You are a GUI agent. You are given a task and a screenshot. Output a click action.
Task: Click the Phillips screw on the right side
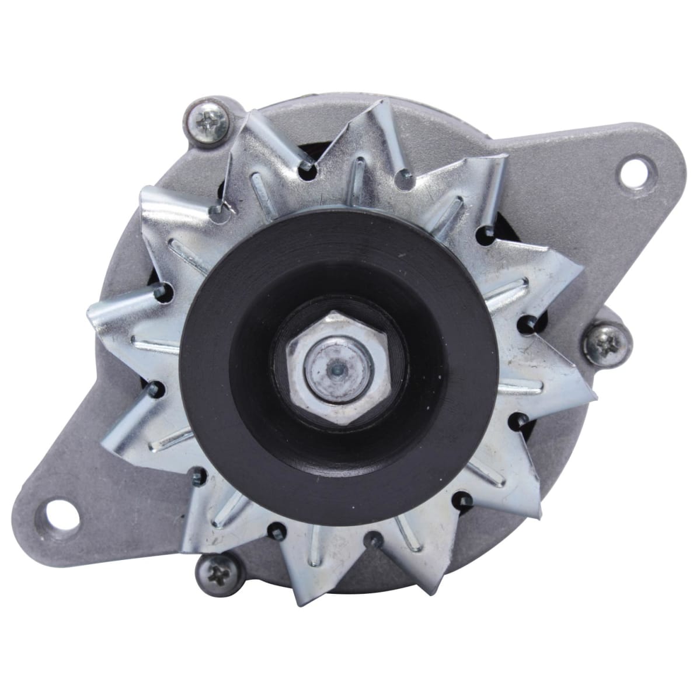605,341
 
